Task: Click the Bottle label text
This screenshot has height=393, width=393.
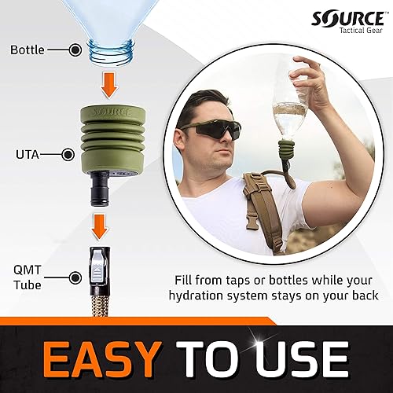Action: [27, 50]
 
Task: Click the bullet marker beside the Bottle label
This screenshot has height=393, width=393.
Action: [75, 50]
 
